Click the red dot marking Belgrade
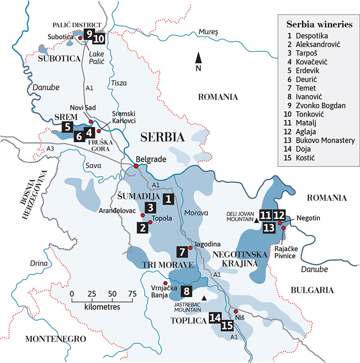136,166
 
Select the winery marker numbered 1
168,199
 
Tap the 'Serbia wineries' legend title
319,24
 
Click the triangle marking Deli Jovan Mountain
256,221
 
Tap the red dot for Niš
236,311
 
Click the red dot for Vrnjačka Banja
165,282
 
